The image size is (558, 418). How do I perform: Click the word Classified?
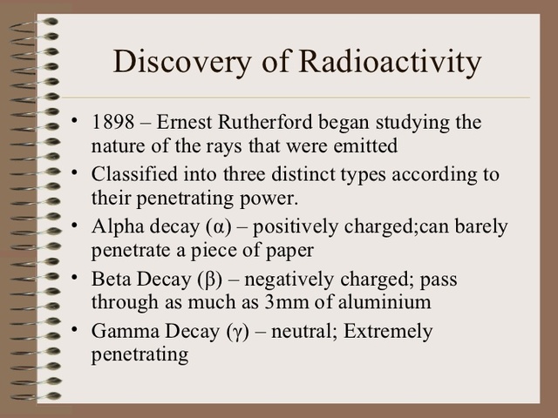click(x=132, y=173)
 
